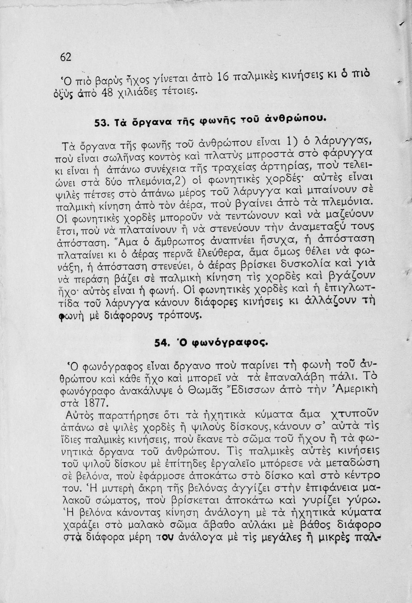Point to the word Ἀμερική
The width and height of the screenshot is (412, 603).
coord(352,389)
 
